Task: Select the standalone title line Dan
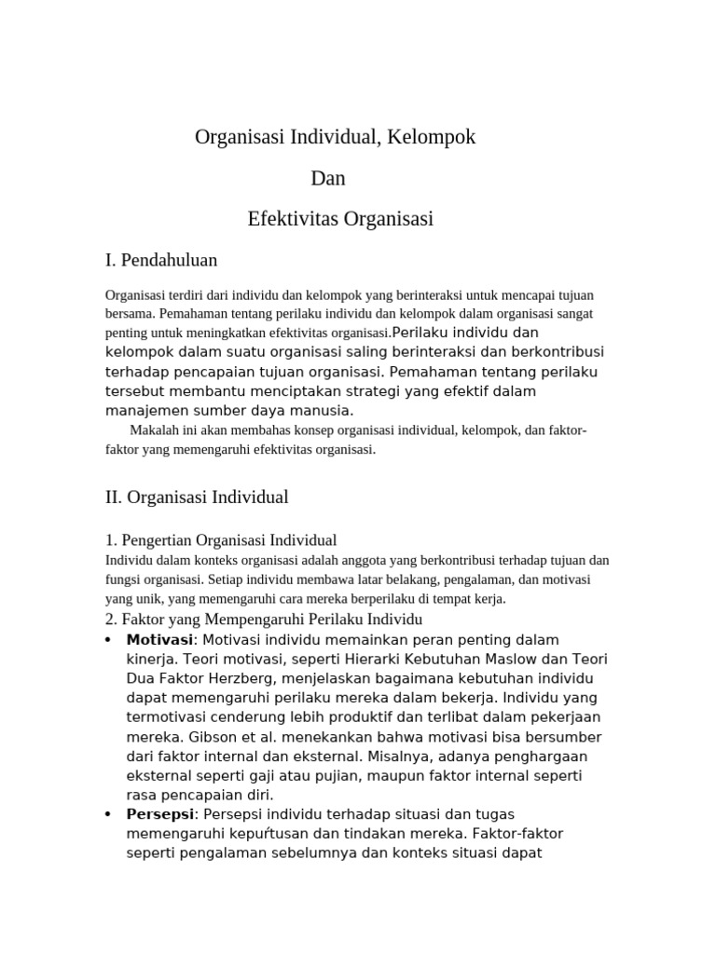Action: pos(328,178)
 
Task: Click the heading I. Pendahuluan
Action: pos(161,260)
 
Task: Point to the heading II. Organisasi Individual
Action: pos(197,497)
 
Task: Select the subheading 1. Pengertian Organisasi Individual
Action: pos(221,540)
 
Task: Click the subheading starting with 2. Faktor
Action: pos(264,620)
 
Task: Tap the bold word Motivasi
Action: pos(159,640)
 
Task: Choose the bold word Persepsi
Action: pos(159,814)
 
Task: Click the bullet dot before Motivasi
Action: pos(110,640)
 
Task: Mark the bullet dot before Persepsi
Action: pos(110,814)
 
